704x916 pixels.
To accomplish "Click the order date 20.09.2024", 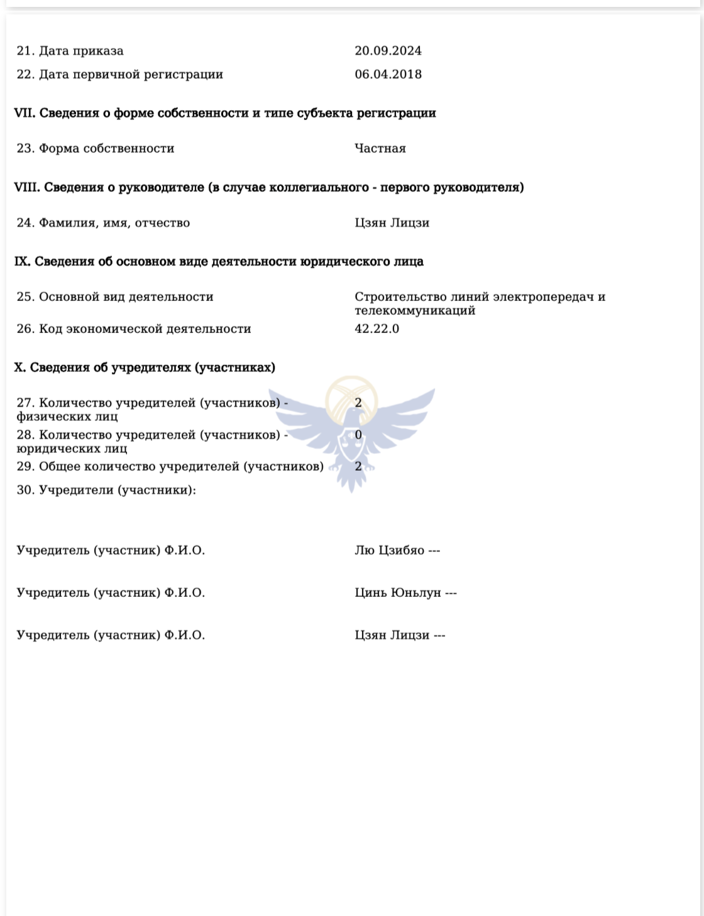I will tap(388, 51).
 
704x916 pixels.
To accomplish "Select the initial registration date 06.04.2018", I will tap(388, 74).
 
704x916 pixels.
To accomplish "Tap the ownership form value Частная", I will tap(380, 148).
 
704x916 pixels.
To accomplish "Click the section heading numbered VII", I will tap(225, 113).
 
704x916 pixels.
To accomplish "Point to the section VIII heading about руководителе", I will tap(269, 187).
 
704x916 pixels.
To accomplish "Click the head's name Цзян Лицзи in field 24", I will tap(392, 222).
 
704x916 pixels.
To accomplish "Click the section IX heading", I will tap(219, 261).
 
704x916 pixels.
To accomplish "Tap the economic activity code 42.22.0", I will tap(377, 329).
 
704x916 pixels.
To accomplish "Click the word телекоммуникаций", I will tap(415, 310).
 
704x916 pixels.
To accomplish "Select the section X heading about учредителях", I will tap(145, 368).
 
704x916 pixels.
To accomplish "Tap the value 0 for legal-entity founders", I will tap(358, 434).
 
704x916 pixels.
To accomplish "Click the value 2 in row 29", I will tap(358, 466).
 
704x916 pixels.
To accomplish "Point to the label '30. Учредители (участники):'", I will tap(106, 490).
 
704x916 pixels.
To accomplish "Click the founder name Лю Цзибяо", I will tap(390, 550).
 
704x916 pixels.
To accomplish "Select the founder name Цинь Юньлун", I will tap(398, 592).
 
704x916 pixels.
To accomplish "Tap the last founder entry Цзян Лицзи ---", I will tap(400, 635).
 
